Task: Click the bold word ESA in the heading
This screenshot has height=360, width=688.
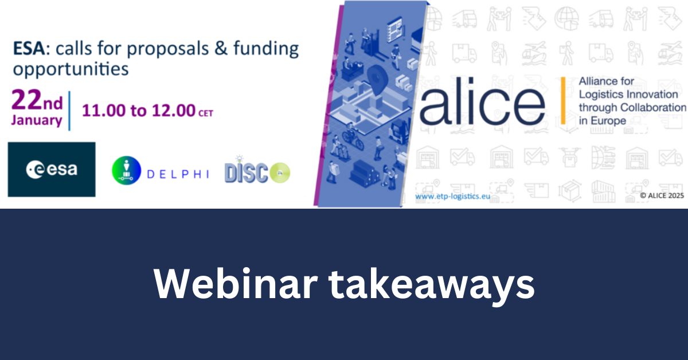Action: pyautogui.click(x=29, y=49)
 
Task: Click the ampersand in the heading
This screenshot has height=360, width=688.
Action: pyautogui.click(x=221, y=49)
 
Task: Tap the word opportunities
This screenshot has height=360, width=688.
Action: pyautogui.click(x=71, y=69)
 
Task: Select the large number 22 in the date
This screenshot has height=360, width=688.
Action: pyautogui.click(x=26, y=100)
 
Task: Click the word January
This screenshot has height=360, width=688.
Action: pyautogui.click(x=37, y=120)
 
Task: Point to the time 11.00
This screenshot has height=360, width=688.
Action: pyautogui.click(x=104, y=111)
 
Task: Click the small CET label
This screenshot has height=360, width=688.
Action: pyautogui.click(x=206, y=114)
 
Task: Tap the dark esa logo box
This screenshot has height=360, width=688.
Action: pyautogui.click(x=52, y=169)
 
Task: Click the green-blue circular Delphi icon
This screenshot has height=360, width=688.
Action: pyautogui.click(x=127, y=170)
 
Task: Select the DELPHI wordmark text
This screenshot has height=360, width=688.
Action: pyautogui.click(x=178, y=174)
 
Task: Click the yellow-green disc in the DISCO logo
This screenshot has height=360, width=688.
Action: pyautogui.click(x=280, y=173)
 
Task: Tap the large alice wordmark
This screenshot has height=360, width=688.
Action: pyautogui.click(x=482, y=101)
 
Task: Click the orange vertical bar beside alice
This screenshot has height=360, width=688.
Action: pyautogui.click(x=563, y=101)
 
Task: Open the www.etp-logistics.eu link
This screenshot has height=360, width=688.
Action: pyautogui.click(x=453, y=196)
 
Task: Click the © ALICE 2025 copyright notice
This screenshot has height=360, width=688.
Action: pyautogui.click(x=662, y=195)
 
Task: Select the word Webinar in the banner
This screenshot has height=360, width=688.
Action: pyautogui.click(x=236, y=283)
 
